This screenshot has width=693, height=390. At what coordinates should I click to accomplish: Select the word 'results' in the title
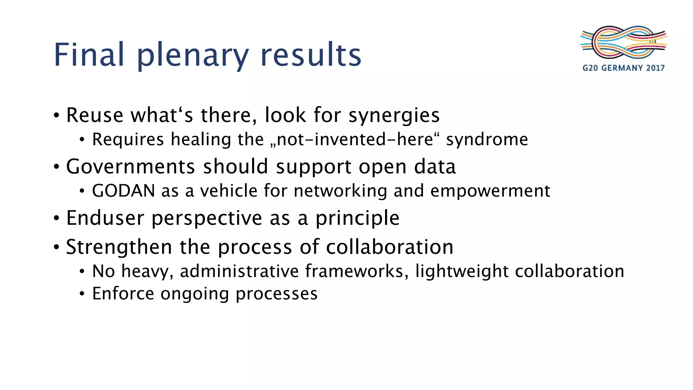311,55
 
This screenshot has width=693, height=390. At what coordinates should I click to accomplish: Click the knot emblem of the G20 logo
623,42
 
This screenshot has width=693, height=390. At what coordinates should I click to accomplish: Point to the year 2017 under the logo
655,68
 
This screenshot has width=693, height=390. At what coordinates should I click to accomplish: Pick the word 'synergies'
394,116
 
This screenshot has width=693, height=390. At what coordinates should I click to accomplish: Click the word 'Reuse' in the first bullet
95,115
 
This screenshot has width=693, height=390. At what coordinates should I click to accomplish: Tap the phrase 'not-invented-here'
355,139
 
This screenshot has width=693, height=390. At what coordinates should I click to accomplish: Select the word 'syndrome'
487,140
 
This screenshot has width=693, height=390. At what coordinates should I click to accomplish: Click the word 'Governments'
131,167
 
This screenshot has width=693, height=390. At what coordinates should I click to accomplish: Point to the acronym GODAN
124,191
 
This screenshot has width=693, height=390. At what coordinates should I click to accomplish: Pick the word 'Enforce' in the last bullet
123,293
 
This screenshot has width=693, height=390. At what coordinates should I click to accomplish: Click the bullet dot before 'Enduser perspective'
57,218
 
